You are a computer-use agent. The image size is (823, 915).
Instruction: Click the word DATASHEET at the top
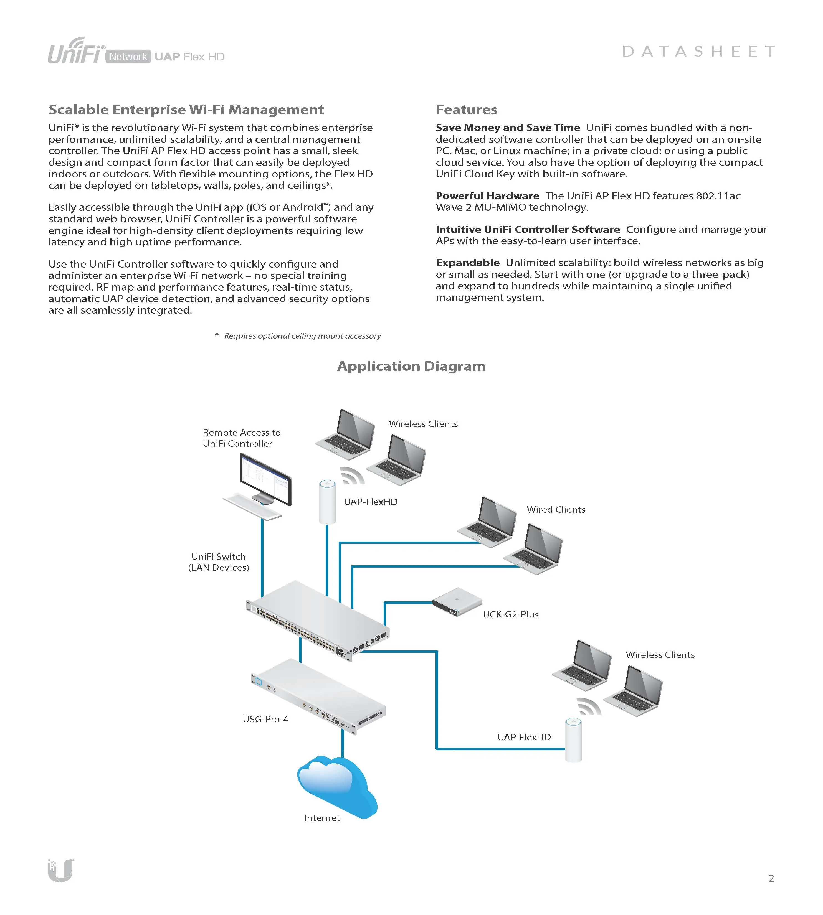pyautogui.click(x=699, y=52)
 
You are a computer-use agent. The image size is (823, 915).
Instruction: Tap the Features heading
pyautogui.click(x=466, y=110)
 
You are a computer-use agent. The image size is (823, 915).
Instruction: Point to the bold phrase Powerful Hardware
pyautogui.click(x=487, y=196)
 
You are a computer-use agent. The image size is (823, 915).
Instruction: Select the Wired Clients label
pyautogui.click(x=556, y=510)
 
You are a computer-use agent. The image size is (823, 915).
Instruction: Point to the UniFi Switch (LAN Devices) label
pyautogui.click(x=218, y=562)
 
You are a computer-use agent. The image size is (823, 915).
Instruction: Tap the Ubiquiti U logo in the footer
pyautogui.click(x=61, y=870)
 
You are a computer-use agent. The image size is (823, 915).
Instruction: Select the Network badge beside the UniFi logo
pyautogui.click(x=128, y=57)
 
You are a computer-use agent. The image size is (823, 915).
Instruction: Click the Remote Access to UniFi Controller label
pyautogui.click(x=242, y=438)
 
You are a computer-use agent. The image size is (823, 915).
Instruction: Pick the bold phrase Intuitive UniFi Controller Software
pyautogui.click(x=527, y=229)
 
